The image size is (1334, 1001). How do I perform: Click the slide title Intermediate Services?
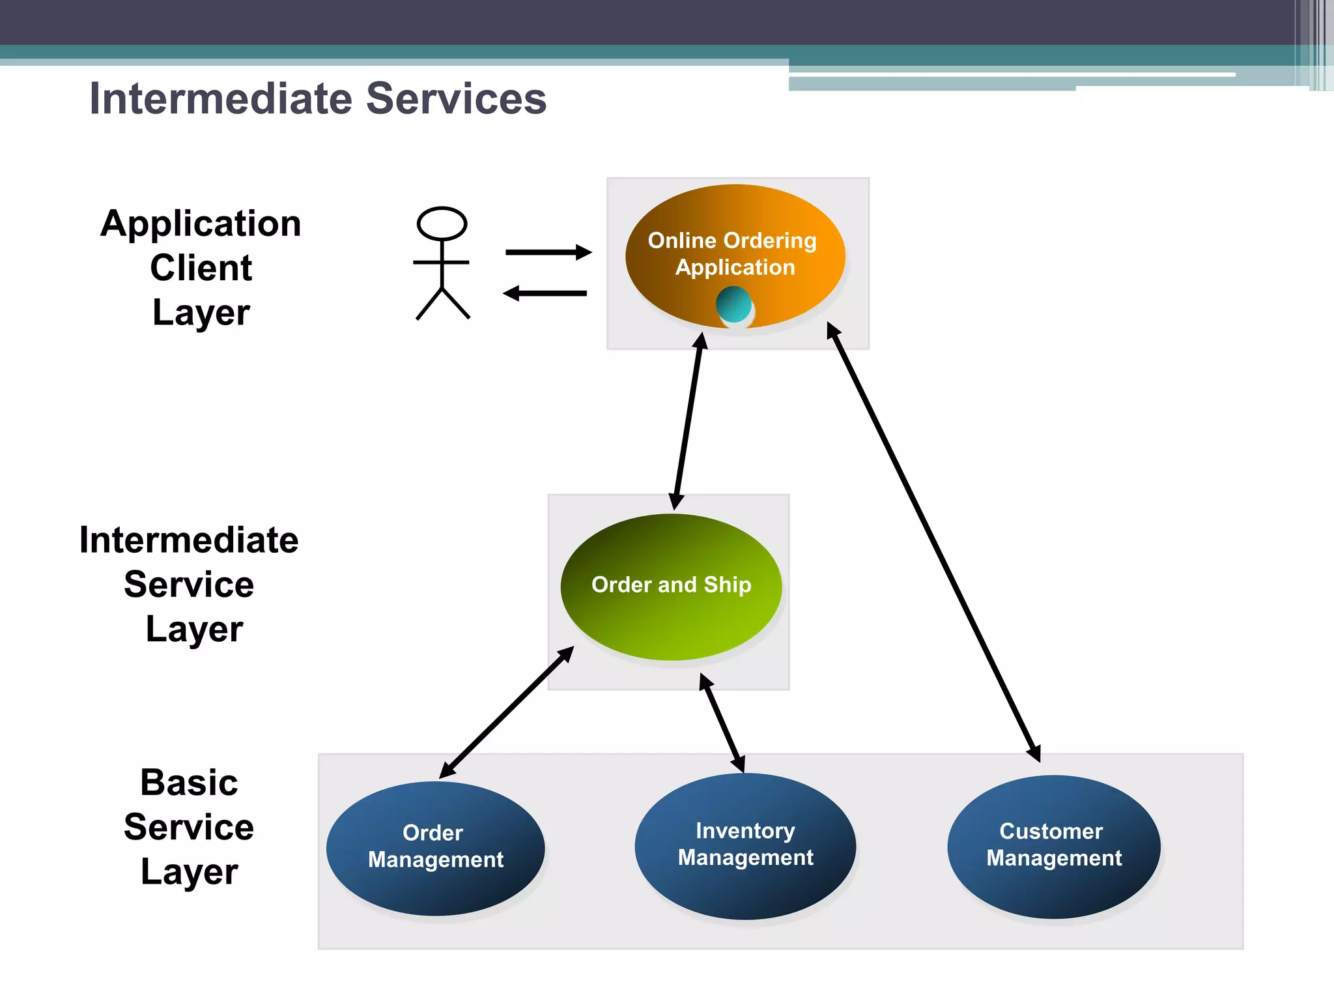(318, 98)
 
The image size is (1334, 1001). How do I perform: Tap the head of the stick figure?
(442, 224)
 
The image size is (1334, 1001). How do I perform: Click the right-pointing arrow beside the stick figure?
(548, 252)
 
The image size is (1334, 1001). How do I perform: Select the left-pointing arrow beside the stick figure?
(546, 293)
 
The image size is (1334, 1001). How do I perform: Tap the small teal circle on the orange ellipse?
(734, 305)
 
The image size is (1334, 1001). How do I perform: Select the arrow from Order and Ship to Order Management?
(506, 713)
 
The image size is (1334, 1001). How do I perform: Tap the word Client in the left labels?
(201, 268)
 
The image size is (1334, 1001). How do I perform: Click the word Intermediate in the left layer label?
(189, 540)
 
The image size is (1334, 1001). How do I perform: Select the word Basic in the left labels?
(189, 782)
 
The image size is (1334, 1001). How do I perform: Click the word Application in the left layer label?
(201, 224)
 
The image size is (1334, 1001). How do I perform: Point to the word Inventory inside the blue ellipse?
(745, 831)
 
